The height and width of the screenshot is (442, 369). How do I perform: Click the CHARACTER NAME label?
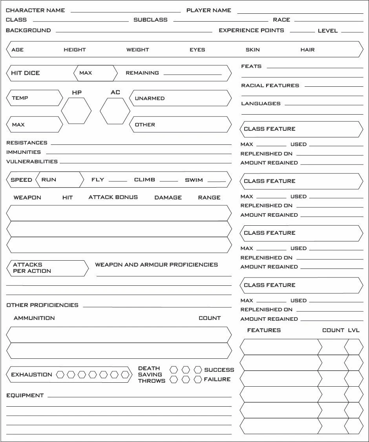pos(35,10)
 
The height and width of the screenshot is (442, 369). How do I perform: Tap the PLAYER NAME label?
pos(208,10)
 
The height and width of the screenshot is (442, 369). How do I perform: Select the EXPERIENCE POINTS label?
pos(251,30)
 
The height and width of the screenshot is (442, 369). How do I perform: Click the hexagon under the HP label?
pos(76,111)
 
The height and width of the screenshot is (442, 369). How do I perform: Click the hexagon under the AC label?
pos(115,111)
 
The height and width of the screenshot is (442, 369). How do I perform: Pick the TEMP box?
pos(35,98)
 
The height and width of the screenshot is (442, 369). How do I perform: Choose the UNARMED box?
pos(180,98)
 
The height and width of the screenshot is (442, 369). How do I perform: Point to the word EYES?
pos(197,50)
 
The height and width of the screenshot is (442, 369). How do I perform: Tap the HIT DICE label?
pos(26,73)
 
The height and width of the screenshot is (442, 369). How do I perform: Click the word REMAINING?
pos(142,73)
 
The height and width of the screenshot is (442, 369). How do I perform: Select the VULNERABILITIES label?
pos(32,161)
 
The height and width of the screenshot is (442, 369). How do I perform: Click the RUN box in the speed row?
pos(60,180)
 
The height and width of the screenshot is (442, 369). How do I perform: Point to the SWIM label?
pos(194,180)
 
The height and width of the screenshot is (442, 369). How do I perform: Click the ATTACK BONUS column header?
pos(113,197)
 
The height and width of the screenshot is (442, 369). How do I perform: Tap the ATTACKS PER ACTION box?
pos(47,268)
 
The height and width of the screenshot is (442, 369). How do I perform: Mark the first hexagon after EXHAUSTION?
pos(60,374)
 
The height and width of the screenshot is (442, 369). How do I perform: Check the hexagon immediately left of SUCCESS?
pos(198,370)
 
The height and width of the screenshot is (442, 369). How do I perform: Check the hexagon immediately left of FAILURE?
pos(198,379)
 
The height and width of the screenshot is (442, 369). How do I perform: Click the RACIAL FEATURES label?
pos(270,85)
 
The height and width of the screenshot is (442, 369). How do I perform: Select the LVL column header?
pos(353,330)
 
